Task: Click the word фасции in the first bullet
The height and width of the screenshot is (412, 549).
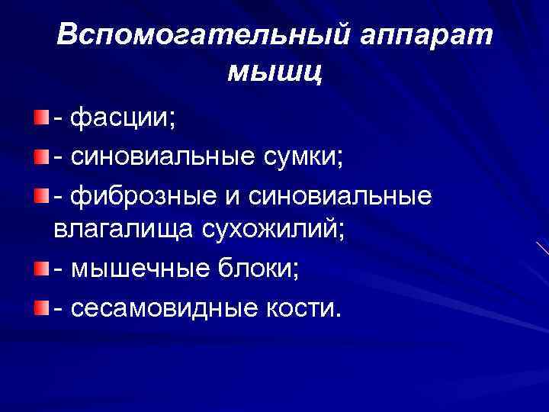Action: tap(121, 118)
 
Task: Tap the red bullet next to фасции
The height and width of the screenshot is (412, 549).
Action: tap(39, 117)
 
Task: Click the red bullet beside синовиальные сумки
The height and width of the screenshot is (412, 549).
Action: tap(39, 156)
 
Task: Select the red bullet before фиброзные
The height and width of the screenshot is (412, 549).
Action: tap(39, 195)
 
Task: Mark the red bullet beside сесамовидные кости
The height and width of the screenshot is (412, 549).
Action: tap(39, 307)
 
